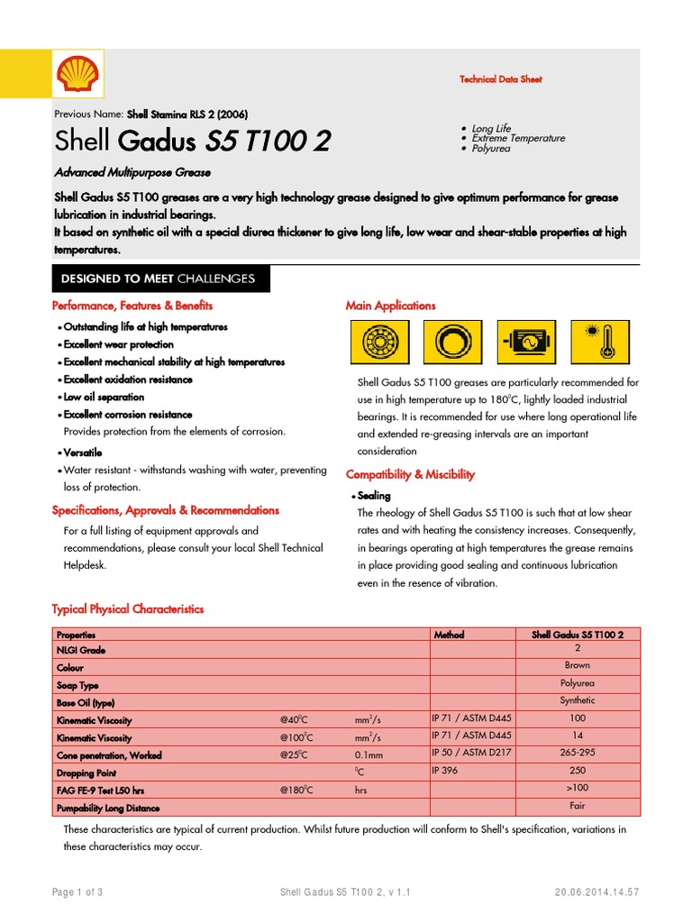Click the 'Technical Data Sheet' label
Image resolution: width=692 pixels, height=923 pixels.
[500, 79]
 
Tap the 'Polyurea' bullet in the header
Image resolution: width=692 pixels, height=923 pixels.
[491, 148]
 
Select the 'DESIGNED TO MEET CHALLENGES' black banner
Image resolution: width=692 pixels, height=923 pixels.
[157, 279]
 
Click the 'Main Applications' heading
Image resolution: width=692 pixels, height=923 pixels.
[390, 306]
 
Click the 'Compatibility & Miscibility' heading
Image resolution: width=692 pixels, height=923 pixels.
[410, 474]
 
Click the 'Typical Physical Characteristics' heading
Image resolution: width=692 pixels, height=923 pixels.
[128, 609]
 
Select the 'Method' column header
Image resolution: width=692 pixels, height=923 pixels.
[449, 635]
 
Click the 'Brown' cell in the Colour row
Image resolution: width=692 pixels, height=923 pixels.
[578, 665]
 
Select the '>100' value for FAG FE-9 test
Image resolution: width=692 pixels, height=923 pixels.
[578, 789]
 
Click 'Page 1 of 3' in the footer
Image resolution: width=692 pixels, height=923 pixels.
[77, 892]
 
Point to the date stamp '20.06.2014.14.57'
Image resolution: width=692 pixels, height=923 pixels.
[596, 892]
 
